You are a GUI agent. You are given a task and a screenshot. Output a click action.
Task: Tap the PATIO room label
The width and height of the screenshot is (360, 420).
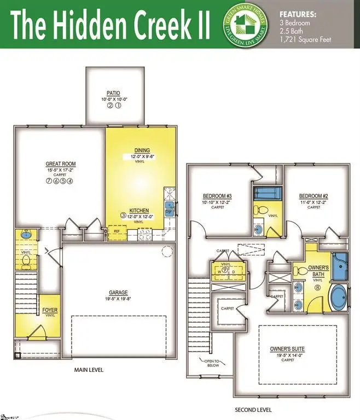pyautogui.click(x=114, y=94)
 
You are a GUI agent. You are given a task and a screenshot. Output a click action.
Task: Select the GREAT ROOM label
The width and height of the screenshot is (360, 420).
pyautogui.click(x=61, y=164)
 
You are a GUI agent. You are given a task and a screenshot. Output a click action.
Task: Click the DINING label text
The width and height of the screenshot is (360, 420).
pyautogui.click(x=142, y=150)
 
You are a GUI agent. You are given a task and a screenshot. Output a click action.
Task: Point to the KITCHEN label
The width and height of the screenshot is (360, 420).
pyautogui.click(x=140, y=211)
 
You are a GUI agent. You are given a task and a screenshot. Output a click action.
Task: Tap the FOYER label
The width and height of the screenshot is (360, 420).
pyautogui.click(x=50, y=311)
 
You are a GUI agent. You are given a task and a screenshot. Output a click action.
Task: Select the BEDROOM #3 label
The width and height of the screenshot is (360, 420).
pyautogui.click(x=218, y=196)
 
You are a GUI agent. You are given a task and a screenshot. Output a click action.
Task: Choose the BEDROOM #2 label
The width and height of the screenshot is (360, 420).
pyautogui.click(x=313, y=196)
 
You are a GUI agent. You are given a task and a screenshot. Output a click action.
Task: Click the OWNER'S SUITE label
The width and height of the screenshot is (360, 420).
pyautogui.click(x=287, y=349)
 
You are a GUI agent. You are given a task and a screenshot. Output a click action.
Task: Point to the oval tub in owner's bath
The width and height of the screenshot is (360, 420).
pyautogui.click(x=339, y=297)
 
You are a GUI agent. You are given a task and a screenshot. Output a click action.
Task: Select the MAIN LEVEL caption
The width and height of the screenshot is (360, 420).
pyautogui.click(x=89, y=370)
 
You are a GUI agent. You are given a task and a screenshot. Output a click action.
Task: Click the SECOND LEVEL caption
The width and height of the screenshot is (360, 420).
pyautogui.click(x=253, y=410)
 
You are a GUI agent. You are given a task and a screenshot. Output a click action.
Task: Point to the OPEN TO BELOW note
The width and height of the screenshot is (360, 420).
pyautogui.click(x=211, y=361)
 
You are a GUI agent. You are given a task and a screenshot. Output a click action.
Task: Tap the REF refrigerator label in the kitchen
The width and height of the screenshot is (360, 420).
pyautogui.click(x=117, y=231)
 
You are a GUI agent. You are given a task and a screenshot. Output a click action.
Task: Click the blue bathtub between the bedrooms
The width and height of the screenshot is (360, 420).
pyautogui.click(x=268, y=194)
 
